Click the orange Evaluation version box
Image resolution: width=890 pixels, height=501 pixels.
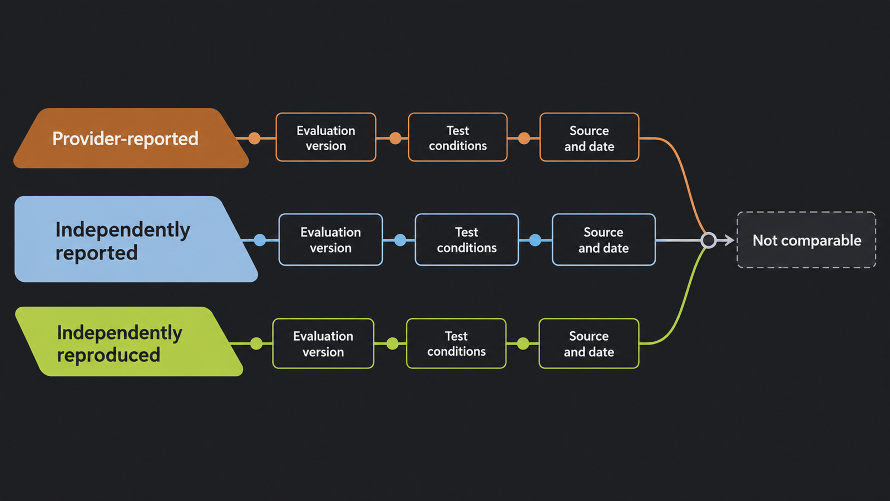(326, 137)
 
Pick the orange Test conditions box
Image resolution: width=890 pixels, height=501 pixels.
(458, 137)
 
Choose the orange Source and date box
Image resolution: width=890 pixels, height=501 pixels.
(589, 137)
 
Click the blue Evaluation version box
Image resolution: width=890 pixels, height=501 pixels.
(330, 239)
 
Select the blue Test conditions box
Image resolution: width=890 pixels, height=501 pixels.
(467, 239)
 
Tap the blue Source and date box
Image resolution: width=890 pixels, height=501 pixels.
(604, 239)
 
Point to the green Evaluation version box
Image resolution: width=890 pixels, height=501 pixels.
(323, 343)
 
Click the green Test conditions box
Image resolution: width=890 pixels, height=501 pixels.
(456, 343)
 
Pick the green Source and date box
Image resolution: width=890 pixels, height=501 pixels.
(589, 343)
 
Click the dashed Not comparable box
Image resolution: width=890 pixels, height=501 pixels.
(807, 240)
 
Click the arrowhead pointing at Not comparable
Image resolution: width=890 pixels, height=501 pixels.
(729, 240)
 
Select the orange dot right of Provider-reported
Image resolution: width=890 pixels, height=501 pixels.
(254, 139)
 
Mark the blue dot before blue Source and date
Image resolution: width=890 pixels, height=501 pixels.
(535, 240)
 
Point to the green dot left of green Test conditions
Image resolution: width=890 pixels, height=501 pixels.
(393, 343)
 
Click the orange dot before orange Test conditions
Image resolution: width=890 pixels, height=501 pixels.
(395, 139)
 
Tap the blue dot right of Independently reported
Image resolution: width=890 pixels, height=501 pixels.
(260, 240)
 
